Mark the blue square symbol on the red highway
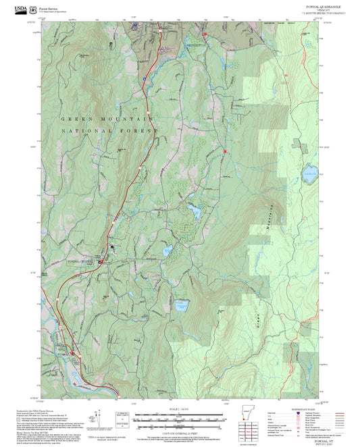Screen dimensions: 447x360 144,79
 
